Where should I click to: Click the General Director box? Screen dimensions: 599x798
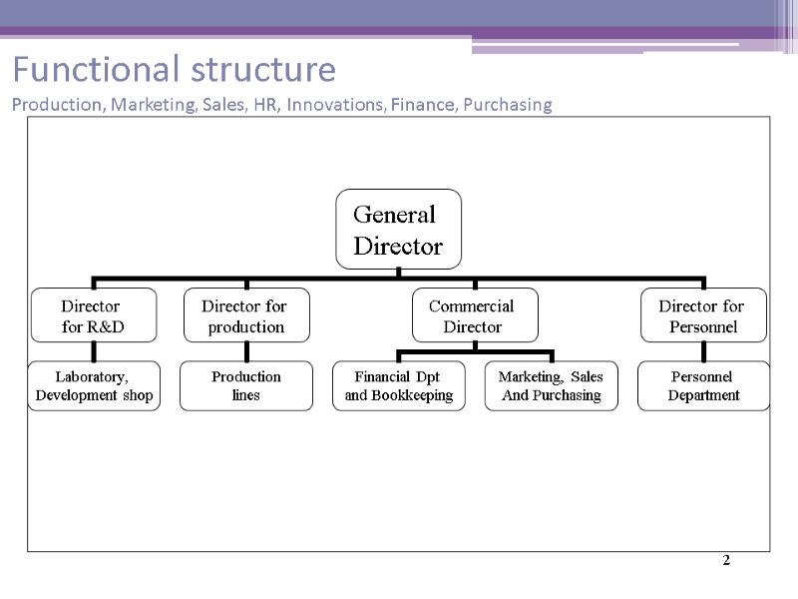pyautogui.click(x=398, y=230)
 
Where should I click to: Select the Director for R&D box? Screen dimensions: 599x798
pyautogui.click(x=94, y=315)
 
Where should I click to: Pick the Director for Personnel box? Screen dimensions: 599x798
pyautogui.click(x=702, y=315)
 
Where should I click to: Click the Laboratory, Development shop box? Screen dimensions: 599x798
pyautogui.click(x=94, y=386)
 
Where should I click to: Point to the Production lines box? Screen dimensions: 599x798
pyautogui.click(x=246, y=386)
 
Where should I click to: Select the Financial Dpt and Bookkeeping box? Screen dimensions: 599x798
pyautogui.click(x=398, y=386)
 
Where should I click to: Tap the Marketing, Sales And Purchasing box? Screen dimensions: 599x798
pyautogui.click(x=551, y=386)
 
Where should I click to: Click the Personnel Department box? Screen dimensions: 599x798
pyautogui.click(x=702, y=386)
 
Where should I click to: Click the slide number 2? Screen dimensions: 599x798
pyautogui.click(x=726, y=561)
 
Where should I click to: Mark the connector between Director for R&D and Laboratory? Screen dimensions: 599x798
pyautogui.click(x=94, y=351)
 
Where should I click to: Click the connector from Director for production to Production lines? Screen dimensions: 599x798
pyautogui.click(x=246, y=351)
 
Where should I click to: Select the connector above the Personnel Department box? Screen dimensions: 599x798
pyautogui.click(x=703, y=351)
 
